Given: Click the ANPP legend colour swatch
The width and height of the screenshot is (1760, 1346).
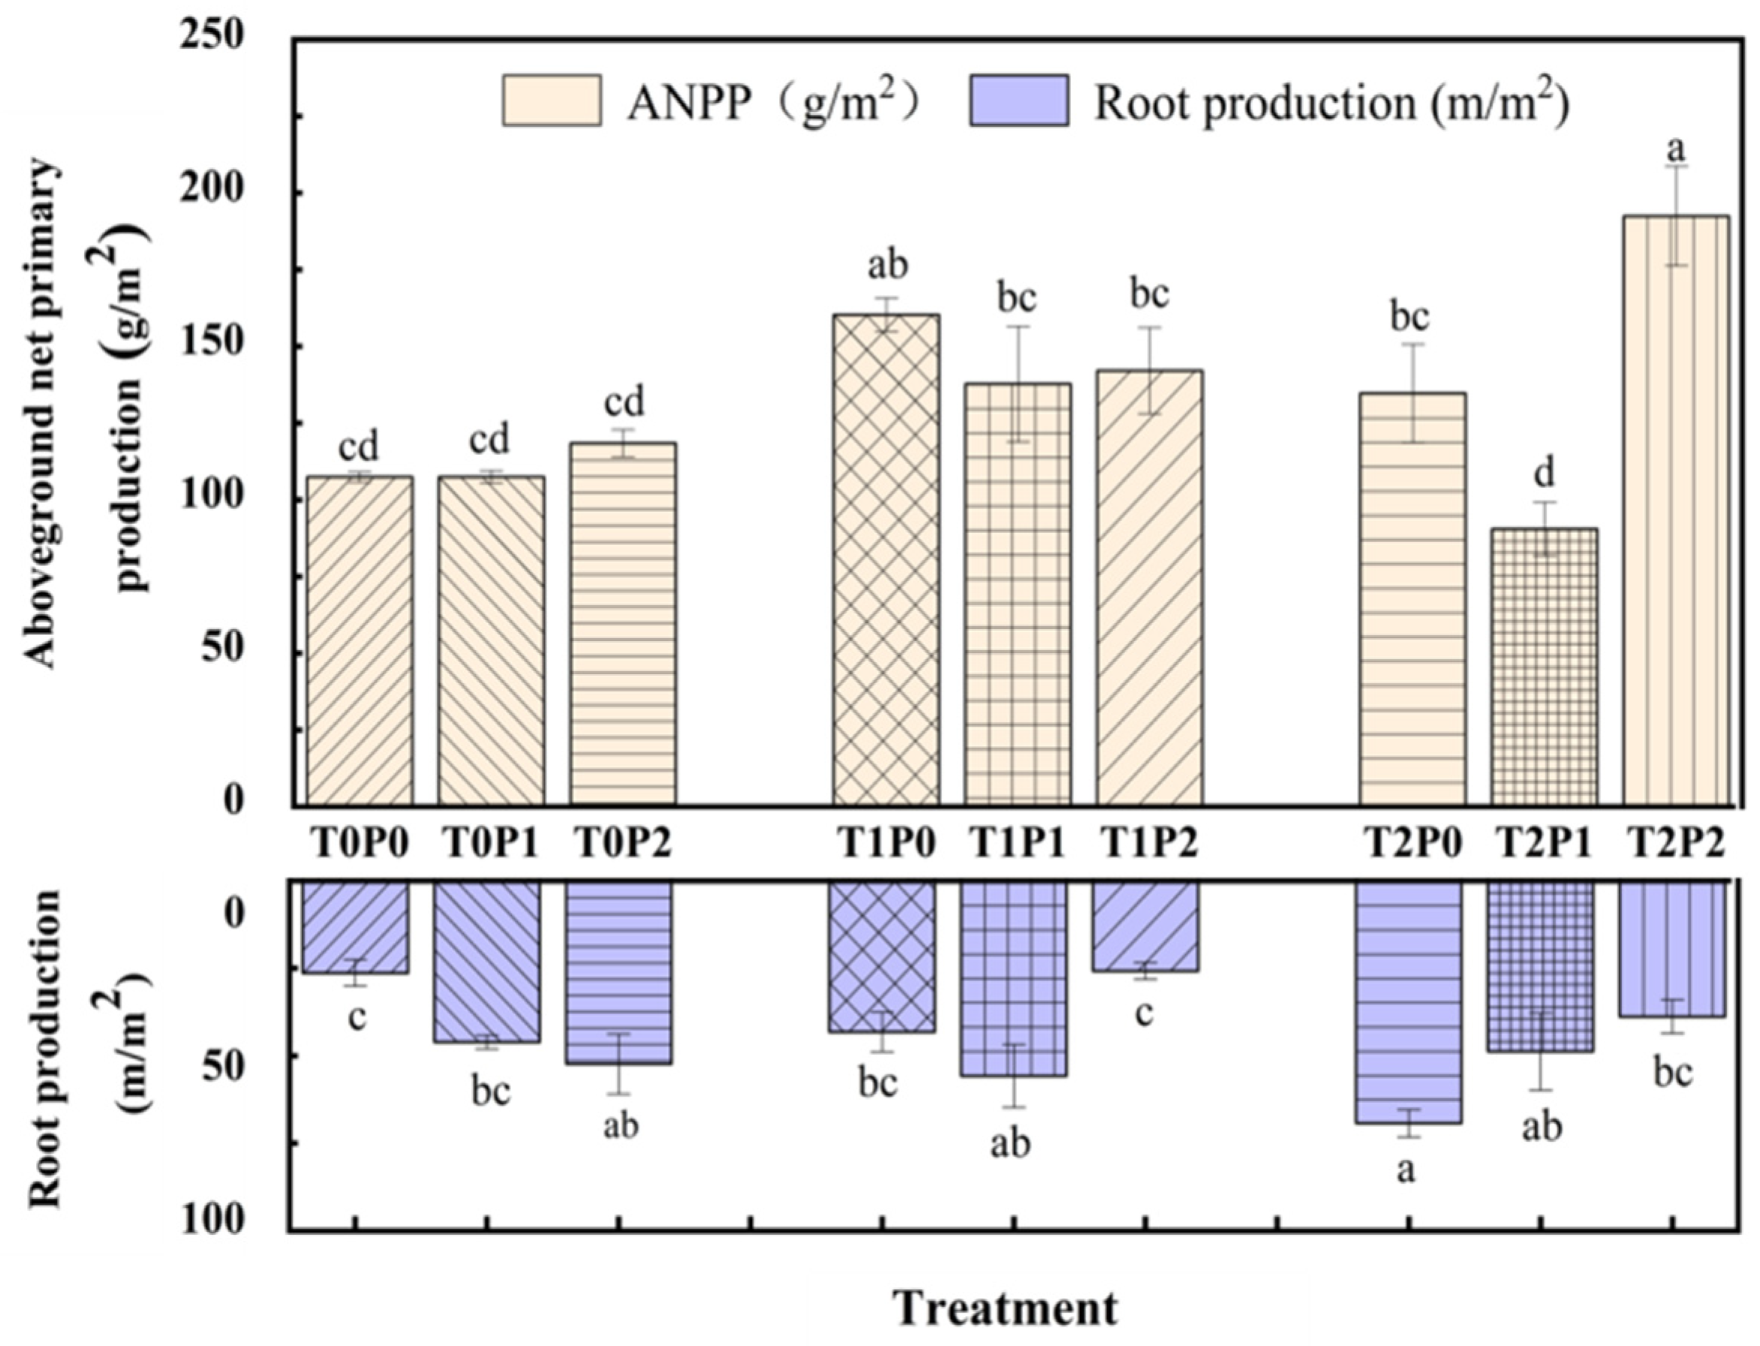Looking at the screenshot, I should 551,100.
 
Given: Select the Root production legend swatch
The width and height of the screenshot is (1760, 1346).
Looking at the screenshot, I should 1019,100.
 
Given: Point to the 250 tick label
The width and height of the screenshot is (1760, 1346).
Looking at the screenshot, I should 212,35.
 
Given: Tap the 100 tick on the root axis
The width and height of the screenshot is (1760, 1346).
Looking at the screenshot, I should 212,1220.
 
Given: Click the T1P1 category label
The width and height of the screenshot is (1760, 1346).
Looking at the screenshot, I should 1018,844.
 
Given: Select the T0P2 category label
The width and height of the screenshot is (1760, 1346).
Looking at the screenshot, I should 622,844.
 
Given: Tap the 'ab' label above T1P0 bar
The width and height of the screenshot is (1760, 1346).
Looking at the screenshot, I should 888,265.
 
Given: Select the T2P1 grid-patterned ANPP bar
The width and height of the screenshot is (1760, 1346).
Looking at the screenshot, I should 1544,665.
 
